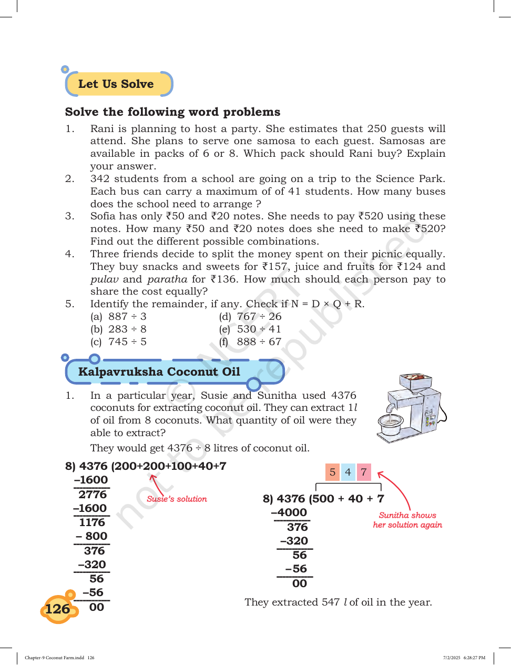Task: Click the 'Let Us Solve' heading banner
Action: pyautogui.click(x=119, y=84)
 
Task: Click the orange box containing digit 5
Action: pyautogui.click(x=332, y=472)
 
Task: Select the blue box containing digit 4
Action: pyautogui.click(x=348, y=472)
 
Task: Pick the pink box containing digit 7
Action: pyautogui.click(x=364, y=472)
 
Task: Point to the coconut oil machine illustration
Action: pyautogui.click(x=412, y=408)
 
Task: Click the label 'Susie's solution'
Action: pyautogui.click(x=177, y=499)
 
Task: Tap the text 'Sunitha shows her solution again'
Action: pyautogui.click(x=407, y=520)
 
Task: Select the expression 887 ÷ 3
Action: pyautogui.click(x=127, y=316)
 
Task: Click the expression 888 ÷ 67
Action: pyautogui.click(x=259, y=341)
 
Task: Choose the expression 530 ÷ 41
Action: pyautogui.click(x=259, y=329)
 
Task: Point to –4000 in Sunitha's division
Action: pyautogui.click(x=289, y=512)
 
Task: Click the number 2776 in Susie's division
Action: pyautogui.click(x=93, y=494)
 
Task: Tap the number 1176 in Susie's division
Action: pyautogui.click(x=92, y=522)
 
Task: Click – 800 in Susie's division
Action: pyautogui.click(x=91, y=536)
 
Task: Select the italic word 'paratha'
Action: pyautogui.click(x=167, y=279)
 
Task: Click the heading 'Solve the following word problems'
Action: pyautogui.click(x=172, y=112)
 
